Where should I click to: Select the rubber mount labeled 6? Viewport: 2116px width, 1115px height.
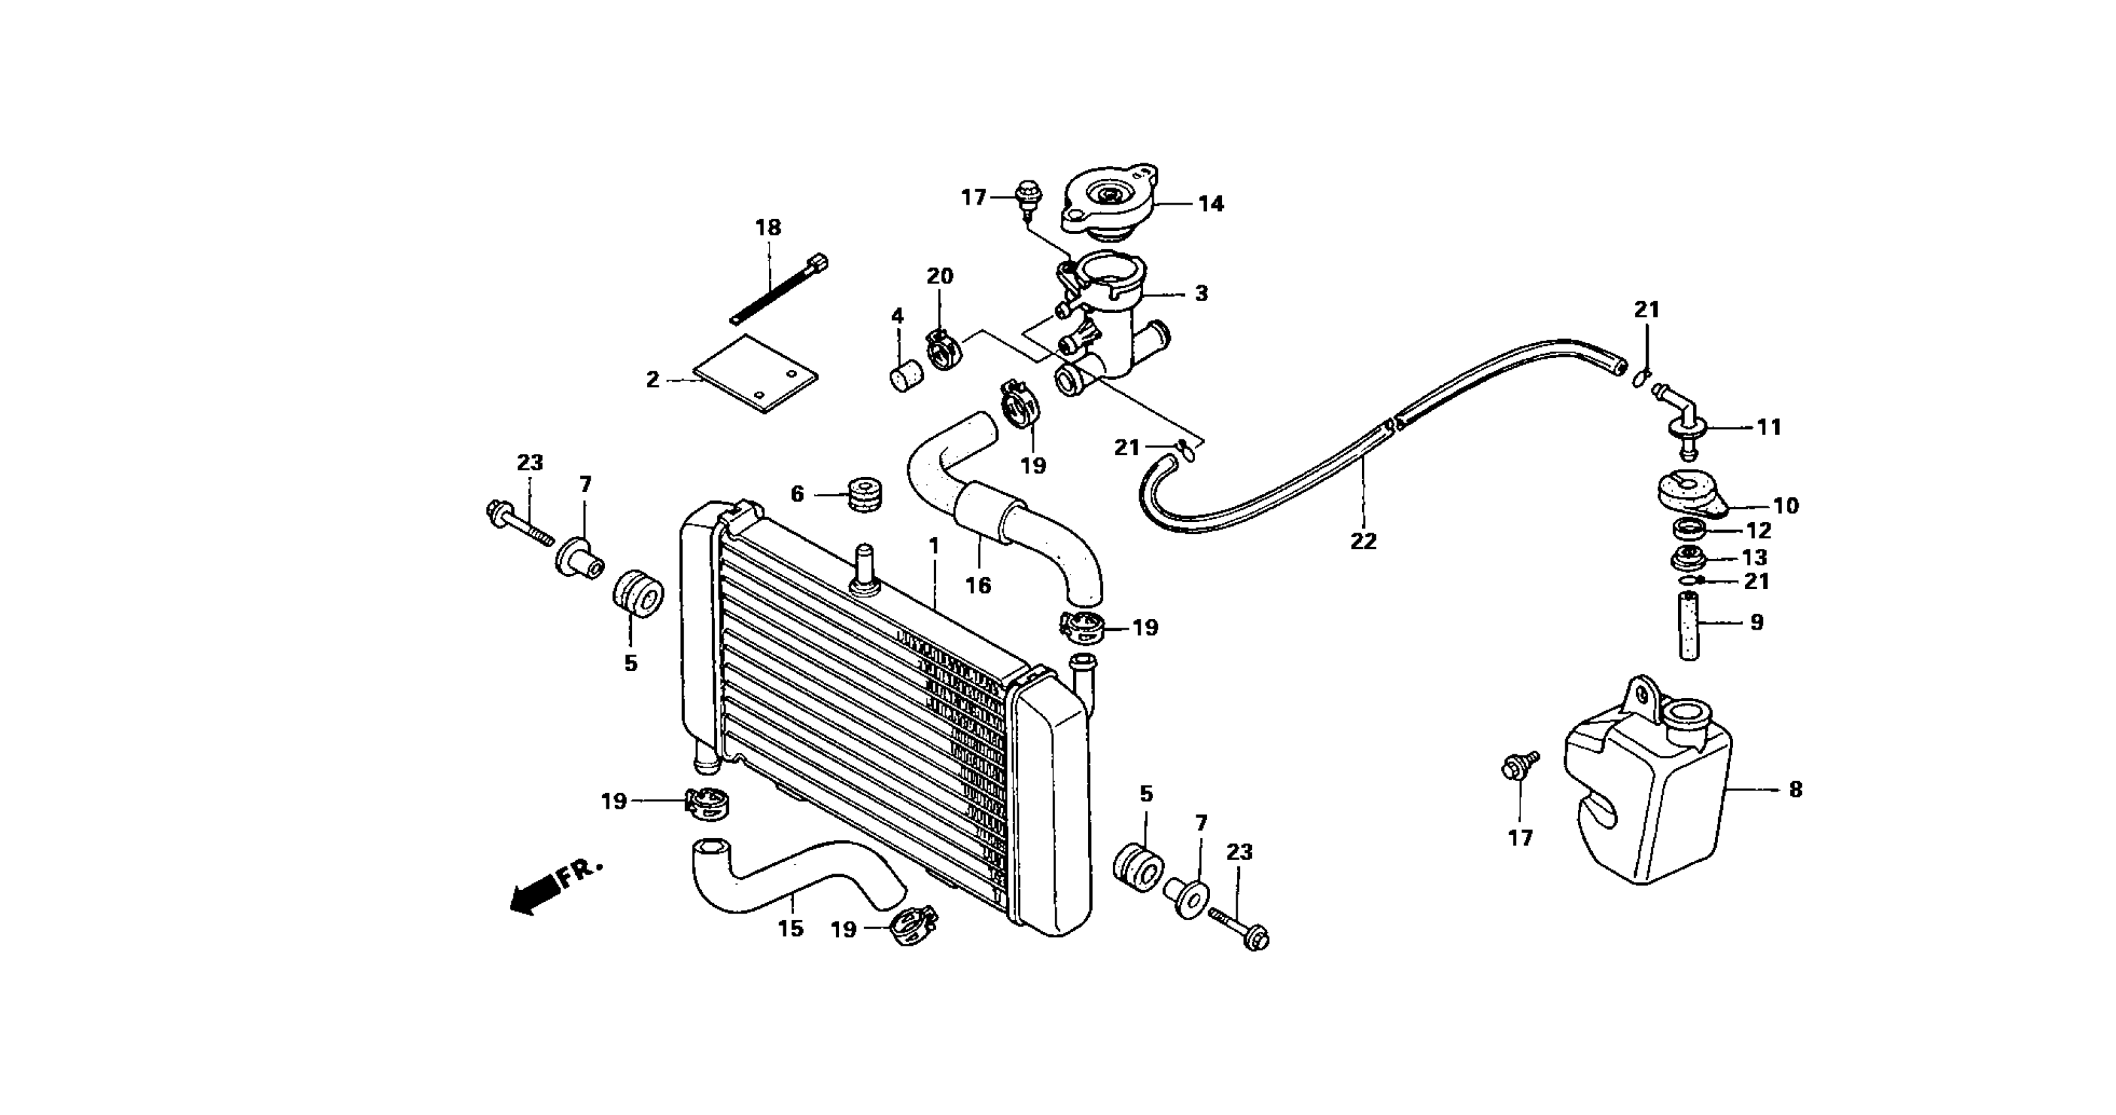tap(863, 493)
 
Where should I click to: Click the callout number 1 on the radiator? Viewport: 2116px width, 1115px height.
tap(933, 546)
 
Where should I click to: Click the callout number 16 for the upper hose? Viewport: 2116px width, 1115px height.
tap(977, 584)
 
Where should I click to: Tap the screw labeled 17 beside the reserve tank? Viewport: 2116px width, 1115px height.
tap(1514, 766)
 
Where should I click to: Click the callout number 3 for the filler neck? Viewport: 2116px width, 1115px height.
tap(1201, 293)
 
